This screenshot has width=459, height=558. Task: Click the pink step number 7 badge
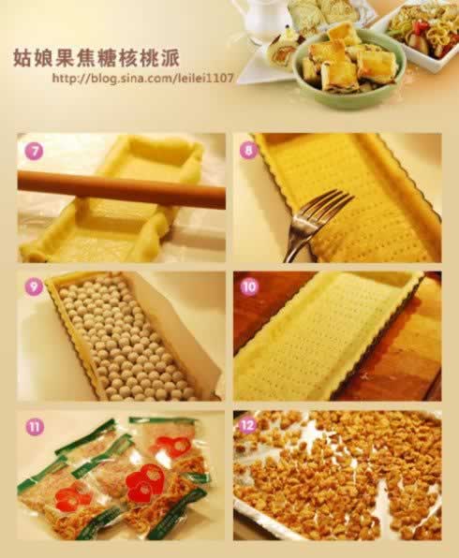[34, 152]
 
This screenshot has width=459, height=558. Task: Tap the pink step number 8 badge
[248, 150]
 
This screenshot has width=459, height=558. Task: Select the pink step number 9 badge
[34, 286]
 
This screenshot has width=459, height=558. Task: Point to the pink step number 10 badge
[249, 286]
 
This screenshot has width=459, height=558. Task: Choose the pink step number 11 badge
[35, 426]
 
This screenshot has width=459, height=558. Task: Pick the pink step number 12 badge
[249, 424]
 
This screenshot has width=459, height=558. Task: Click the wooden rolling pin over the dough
[122, 189]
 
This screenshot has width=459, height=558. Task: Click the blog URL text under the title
[143, 79]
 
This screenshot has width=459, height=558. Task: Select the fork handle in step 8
[299, 234]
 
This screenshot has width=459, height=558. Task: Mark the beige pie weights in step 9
[125, 338]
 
